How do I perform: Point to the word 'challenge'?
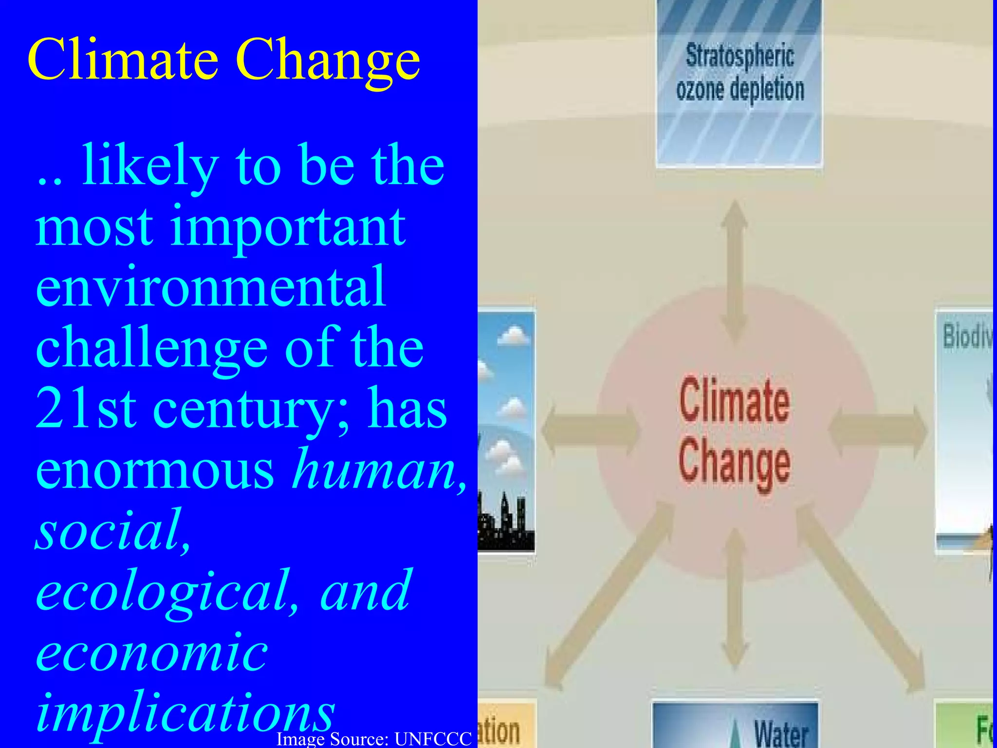(151, 348)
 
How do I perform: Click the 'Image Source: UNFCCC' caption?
(374, 739)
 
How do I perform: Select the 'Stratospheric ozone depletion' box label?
(739, 73)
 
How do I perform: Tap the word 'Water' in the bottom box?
(781, 733)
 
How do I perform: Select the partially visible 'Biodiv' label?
(967, 336)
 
